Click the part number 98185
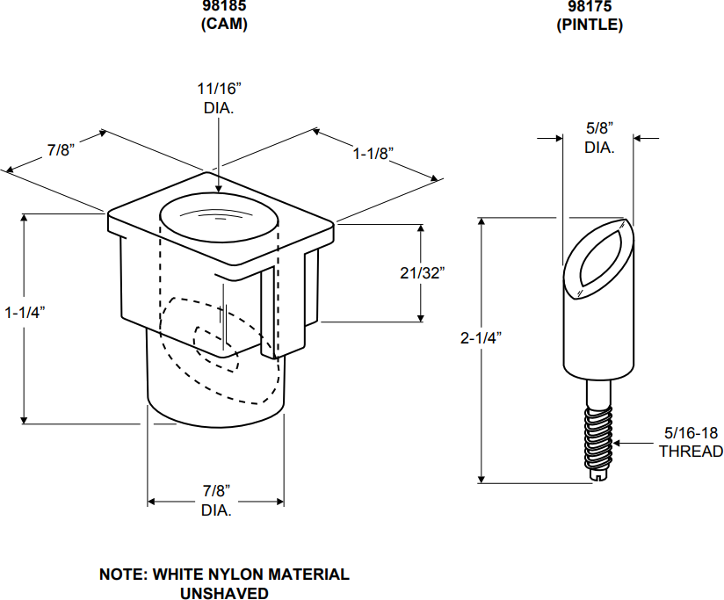(224, 6)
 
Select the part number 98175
(589, 6)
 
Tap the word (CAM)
(224, 25)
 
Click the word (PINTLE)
(589, 25)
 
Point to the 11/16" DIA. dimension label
(218, 98)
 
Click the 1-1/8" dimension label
(373, 154)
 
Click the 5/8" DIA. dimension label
(599, 137)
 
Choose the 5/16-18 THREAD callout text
(691, 442)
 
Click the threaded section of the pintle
(598, 435)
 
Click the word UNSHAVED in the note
(224, 594)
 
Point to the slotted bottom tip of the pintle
(598, 476)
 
